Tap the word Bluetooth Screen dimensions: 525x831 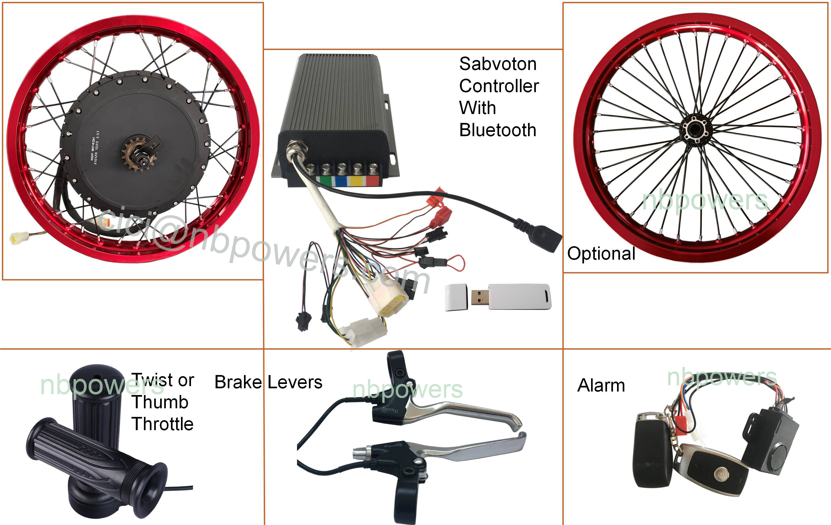pyautogui.click(x=498, y=130)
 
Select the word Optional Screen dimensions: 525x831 pyautogui.click(x=601, y=254)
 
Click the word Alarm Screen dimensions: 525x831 pyautogui.click(x=601, y=385)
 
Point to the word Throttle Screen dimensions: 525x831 pyautogui.click(x=163, y=424)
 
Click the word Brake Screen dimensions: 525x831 pyautogui.click(x=238, y=382)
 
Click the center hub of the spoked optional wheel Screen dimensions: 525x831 pyautogui.click(x=695, y=130)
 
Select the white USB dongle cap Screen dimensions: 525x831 pyautogui.click(x=456, y=297)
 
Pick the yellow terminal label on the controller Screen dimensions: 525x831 pyautogui.click(x=356, y=181)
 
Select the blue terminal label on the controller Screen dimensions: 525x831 pyautogui.click(x=341, y=181)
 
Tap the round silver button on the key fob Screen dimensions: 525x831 pyautogui.click(x=721, y=475)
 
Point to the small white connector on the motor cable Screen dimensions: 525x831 pyautogui.click(x=15, y=238)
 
